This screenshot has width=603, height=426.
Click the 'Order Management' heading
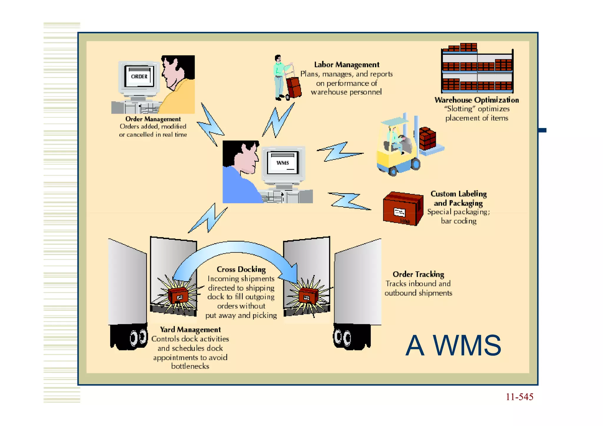click(x=153, y=119)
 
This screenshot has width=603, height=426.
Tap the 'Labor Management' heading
click(x=347, y=64)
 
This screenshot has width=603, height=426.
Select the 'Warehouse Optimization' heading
click(x=476, y=100)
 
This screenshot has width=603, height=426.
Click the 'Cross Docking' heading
click(x=241, y=269)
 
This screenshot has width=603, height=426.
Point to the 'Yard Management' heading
click(x=190, y=329)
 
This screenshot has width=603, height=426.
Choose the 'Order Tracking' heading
click(x=418, y=274)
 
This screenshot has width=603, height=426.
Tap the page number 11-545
click(x=519, y=397)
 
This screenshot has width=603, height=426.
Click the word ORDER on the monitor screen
click(x=139, y=77)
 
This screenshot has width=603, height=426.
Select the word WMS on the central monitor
click(x=283, y=163)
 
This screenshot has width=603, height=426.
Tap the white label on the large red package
click(x=400, y=212)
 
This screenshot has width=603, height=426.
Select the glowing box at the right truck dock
click(x=308, y=296)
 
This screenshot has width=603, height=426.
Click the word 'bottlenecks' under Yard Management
click(x=190, y=366)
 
